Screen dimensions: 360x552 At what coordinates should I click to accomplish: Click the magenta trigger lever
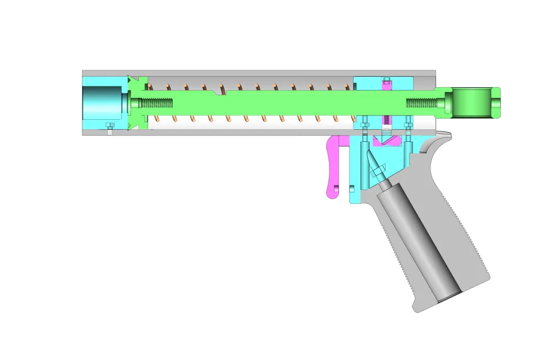[x=333, y=166]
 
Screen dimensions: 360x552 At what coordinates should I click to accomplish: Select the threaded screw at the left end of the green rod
[x=155, y=103]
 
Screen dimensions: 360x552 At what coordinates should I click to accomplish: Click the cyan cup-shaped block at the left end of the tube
[x=102, y=102]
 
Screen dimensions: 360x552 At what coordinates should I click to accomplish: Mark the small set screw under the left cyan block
[x=109, y=128]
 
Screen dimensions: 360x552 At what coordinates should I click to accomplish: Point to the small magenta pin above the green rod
[x=386, y=83]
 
